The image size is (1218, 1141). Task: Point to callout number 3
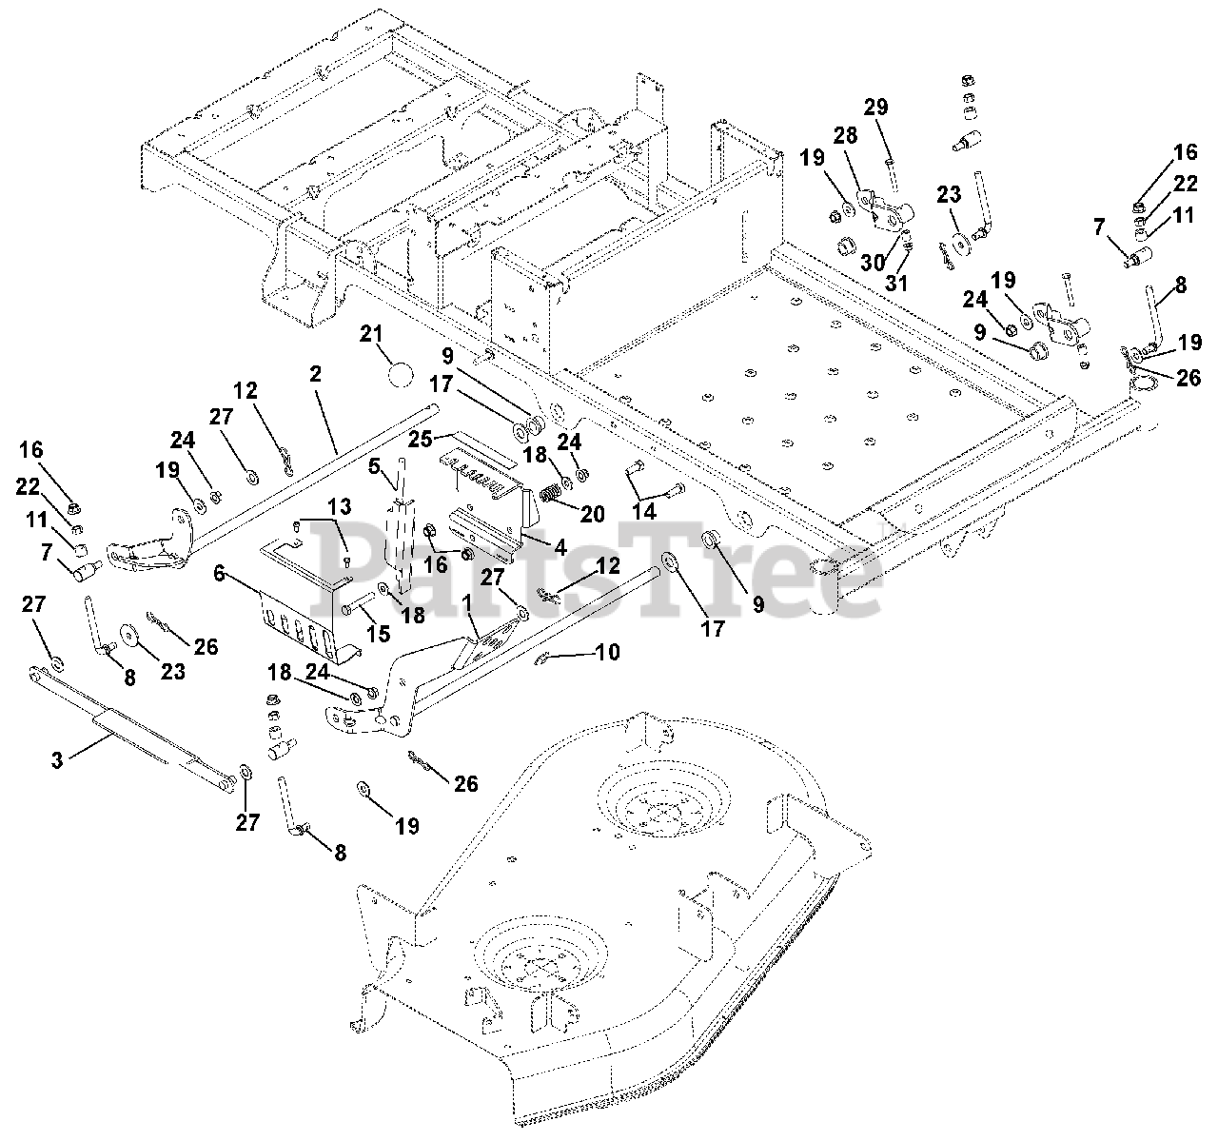point(57,760)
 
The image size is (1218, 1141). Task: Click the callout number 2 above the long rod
point(315,375)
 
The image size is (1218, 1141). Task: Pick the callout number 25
point(420,439)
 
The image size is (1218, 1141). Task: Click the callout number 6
point(220,573)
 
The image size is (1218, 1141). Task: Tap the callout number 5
point(374,466)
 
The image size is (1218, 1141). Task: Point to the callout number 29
point(875,107)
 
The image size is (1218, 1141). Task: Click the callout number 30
point(873,263)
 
